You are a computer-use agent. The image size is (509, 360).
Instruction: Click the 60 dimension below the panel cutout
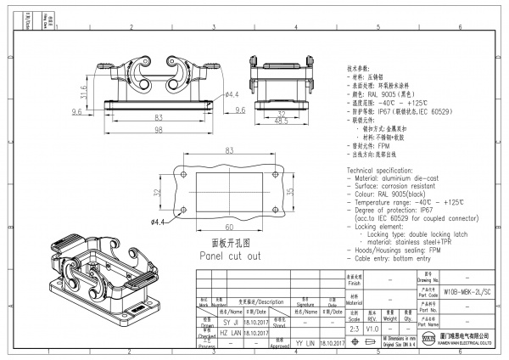click(x=228, y=227)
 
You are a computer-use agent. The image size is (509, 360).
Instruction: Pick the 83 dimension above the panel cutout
click(x=228, y=150)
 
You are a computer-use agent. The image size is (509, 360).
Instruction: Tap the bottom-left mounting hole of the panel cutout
click(x=183, y=208)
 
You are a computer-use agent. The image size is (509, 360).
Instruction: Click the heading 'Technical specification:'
click(x=385, y=171)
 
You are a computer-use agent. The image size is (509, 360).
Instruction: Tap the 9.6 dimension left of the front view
click(x=76, y=111)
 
